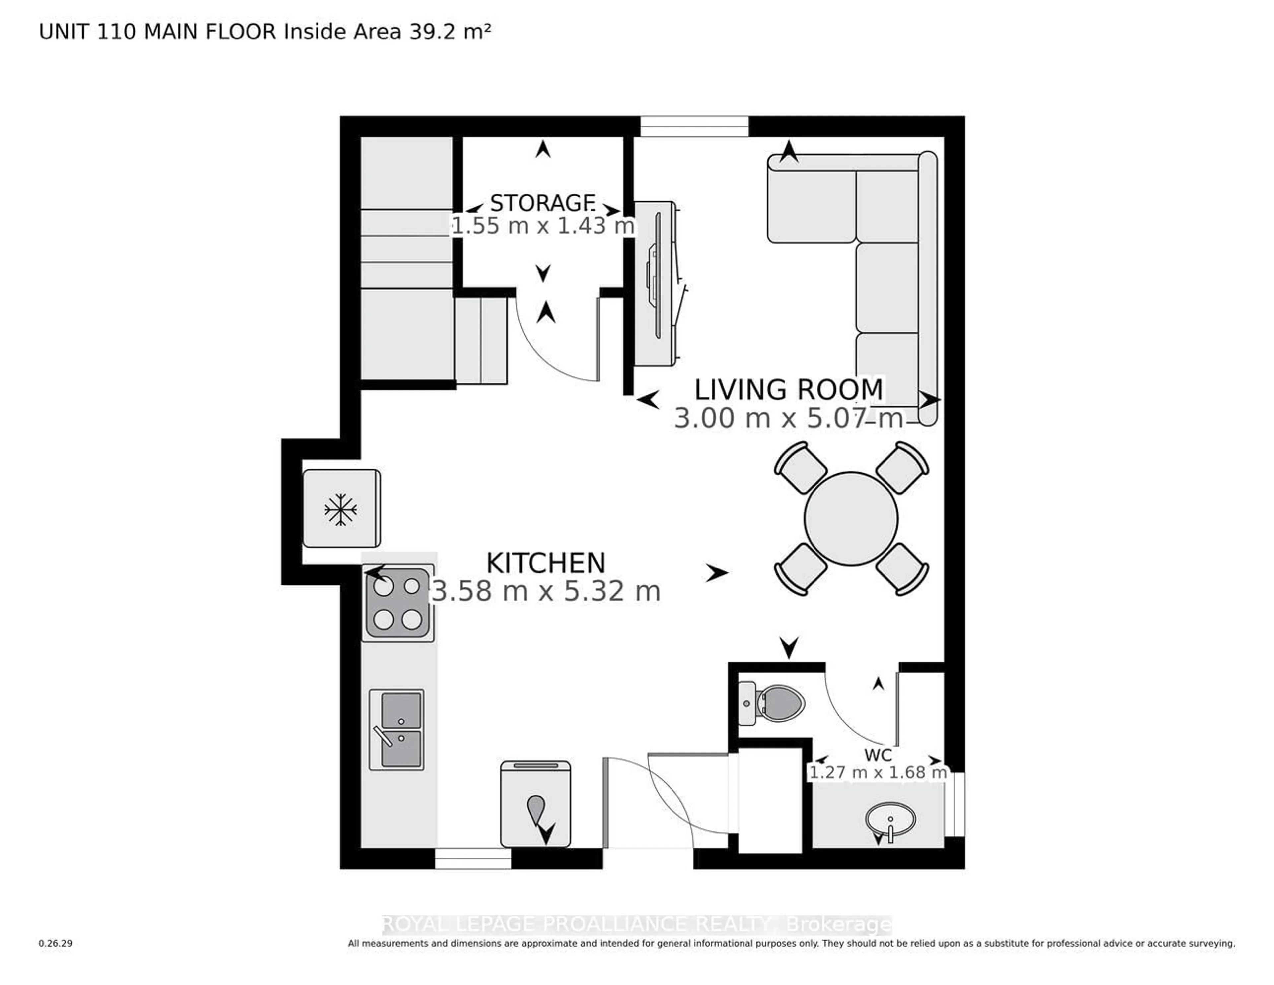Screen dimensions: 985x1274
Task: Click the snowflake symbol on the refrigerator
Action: click(341, 509)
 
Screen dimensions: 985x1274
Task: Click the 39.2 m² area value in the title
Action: click(449, 32)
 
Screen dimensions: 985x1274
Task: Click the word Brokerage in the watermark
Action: click(838, 924)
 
